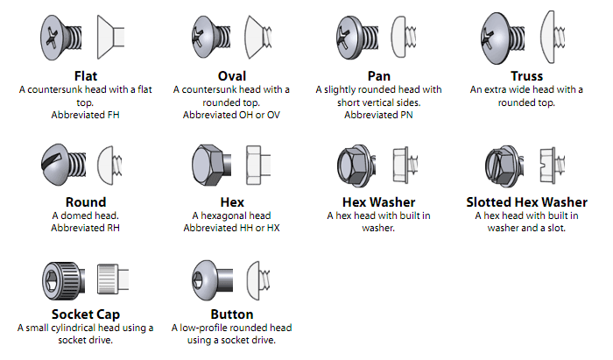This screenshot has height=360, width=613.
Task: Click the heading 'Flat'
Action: (86, 76)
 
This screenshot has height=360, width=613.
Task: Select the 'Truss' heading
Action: (526, 76)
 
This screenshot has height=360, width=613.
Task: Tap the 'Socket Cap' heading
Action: (86, 314)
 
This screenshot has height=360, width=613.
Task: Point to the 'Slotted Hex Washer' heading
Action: (526, 202)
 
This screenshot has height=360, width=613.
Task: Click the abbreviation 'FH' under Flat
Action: (113, 115)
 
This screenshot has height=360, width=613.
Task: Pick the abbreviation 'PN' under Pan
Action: (406, 115)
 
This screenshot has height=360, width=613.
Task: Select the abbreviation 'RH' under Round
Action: (113, 228)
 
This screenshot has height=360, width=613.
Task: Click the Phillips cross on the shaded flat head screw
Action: (52, 38)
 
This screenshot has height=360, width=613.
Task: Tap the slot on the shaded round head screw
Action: (53, 160)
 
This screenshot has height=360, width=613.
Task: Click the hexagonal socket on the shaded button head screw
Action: (197, 280)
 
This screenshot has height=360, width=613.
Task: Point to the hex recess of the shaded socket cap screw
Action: (51, 280)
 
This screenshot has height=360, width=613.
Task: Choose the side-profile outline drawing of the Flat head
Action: (110, 37)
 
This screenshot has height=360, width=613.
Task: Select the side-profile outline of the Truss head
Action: (552, 37)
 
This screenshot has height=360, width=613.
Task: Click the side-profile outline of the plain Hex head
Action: (258, 165)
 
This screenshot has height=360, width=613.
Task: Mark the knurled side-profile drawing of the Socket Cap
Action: (113, 279)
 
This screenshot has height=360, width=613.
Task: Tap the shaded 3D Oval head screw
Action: (211, 38)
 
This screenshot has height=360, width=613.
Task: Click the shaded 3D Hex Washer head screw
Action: (356, 166)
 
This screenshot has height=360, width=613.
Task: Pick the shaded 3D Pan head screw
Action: (357, 38)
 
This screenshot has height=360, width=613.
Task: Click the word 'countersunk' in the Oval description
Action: (222, 90)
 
